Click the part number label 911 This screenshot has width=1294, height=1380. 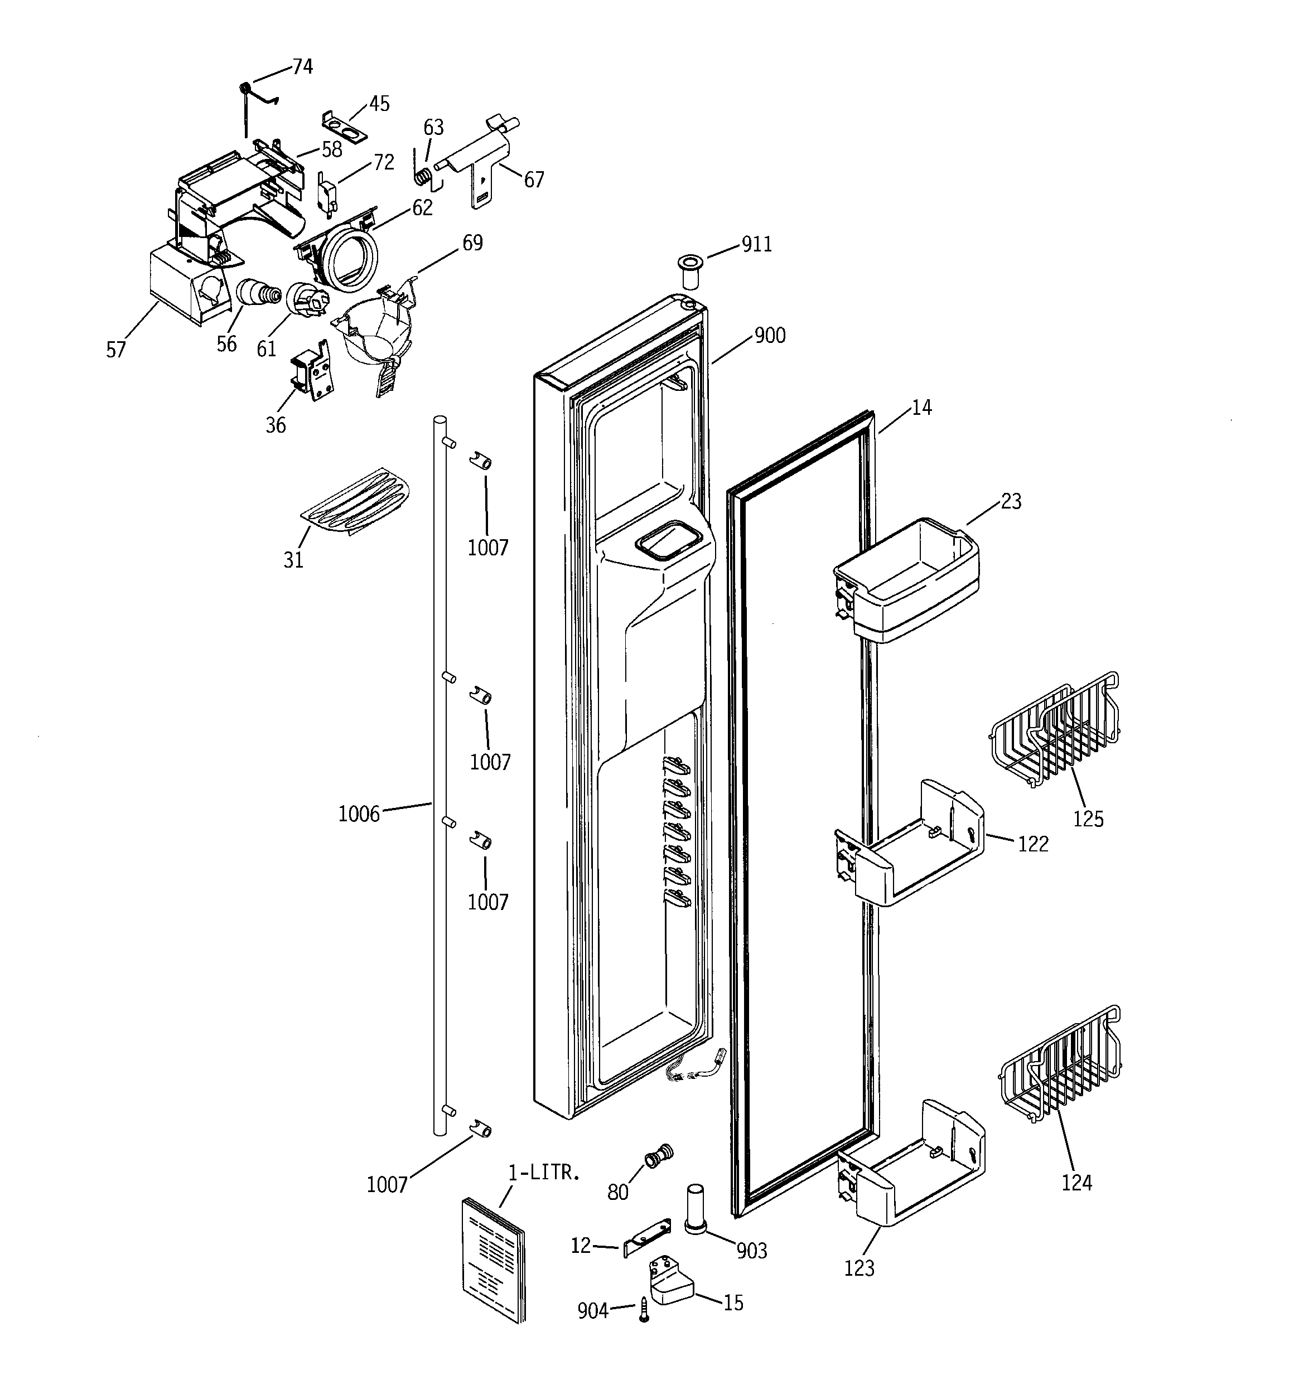click(756, 244)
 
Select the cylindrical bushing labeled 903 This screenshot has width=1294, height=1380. click(696, 1208)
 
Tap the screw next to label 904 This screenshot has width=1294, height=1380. click(644, 1309)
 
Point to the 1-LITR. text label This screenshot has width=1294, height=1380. click(544, 1173)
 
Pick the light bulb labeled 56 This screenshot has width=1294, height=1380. click(257, 293)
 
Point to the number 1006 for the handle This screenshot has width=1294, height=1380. click(359, 814)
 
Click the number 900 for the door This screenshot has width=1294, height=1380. click(770, 336)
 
